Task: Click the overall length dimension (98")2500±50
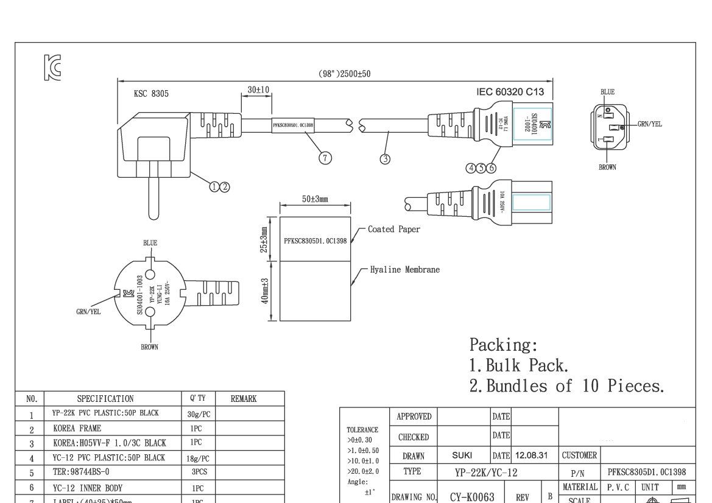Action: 344,74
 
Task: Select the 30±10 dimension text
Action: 258,90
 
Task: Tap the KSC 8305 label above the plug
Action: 151,94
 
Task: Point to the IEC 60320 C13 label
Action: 510,92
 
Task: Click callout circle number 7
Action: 325,158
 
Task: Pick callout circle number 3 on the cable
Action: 385,159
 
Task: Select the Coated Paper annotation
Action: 393,230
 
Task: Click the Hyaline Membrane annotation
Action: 404,270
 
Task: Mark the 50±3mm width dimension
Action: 315,199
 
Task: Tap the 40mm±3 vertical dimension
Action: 266,291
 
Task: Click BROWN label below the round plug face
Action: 149,347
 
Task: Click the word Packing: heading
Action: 503,345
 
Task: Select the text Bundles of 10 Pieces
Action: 574,386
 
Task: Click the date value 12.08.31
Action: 534,455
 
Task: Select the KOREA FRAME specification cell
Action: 77,429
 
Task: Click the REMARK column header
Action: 243,399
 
